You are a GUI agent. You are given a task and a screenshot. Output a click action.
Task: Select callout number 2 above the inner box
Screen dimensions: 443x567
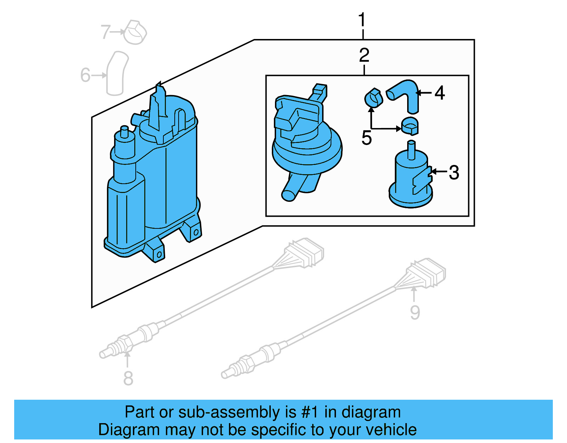click(364, 56)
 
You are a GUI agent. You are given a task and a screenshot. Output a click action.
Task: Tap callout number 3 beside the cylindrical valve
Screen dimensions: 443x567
click(454, 173)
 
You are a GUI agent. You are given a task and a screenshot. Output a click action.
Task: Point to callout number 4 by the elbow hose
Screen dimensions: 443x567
click(439, 93)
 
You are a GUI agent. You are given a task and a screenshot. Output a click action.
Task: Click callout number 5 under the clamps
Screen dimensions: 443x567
click(366, 138)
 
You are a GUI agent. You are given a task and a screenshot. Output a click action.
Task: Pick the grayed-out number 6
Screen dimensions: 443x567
click(85, 75)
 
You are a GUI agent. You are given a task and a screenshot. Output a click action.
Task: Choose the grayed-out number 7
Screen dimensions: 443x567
click(106, 32)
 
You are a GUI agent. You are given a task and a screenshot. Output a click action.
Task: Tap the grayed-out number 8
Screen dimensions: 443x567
click(128, 378)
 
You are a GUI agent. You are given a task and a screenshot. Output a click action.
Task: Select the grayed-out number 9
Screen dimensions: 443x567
click(415, 312)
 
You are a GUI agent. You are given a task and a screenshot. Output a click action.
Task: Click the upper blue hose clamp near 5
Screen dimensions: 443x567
click(374, 98)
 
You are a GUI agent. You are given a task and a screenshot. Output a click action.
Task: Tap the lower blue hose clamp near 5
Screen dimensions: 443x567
click(410, 126)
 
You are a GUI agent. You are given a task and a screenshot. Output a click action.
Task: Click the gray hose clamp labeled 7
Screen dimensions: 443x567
click(135, 33)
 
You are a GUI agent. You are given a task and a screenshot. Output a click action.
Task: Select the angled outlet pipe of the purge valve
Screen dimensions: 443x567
click(295, 188)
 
